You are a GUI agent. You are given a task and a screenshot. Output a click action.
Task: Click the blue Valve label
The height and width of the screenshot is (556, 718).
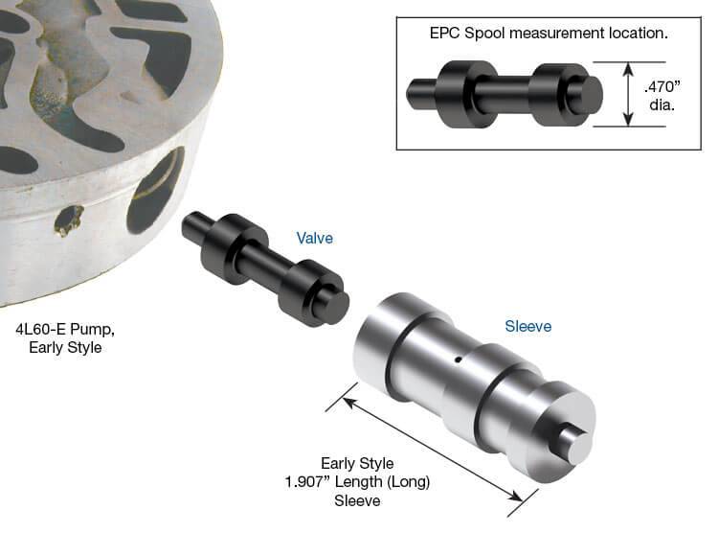pyautogui.click(x=315, y=239)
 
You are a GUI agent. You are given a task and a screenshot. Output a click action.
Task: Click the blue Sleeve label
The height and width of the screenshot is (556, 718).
pyautogui.click(x=527, y=326)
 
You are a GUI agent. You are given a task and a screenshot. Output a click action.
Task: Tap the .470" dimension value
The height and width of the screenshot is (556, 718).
pyautogui.click(x=662, y=86)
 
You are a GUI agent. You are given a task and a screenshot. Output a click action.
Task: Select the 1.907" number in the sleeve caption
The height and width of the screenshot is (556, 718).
pyautogui.click(x=306, y=482)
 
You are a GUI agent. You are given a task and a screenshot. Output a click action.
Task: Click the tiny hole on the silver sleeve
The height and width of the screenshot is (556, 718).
pyautogui.click(x=458, y=359)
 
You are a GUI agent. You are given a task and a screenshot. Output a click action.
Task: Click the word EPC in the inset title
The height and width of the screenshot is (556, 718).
pyautogui.click(x=445, y=33)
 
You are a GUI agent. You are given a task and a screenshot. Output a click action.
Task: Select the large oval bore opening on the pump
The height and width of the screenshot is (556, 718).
pyautogui.click(x=156, y=189)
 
